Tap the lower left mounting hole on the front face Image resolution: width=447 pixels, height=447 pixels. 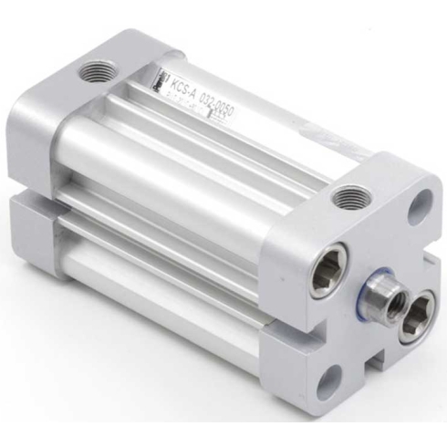(x=333, y=375)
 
